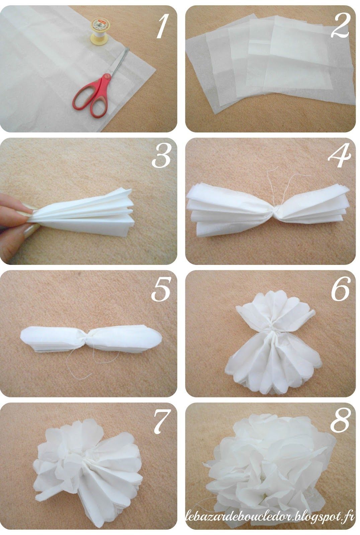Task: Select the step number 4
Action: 340,155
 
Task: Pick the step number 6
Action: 341,289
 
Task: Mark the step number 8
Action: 340,421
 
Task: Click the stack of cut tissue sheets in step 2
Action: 270,63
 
